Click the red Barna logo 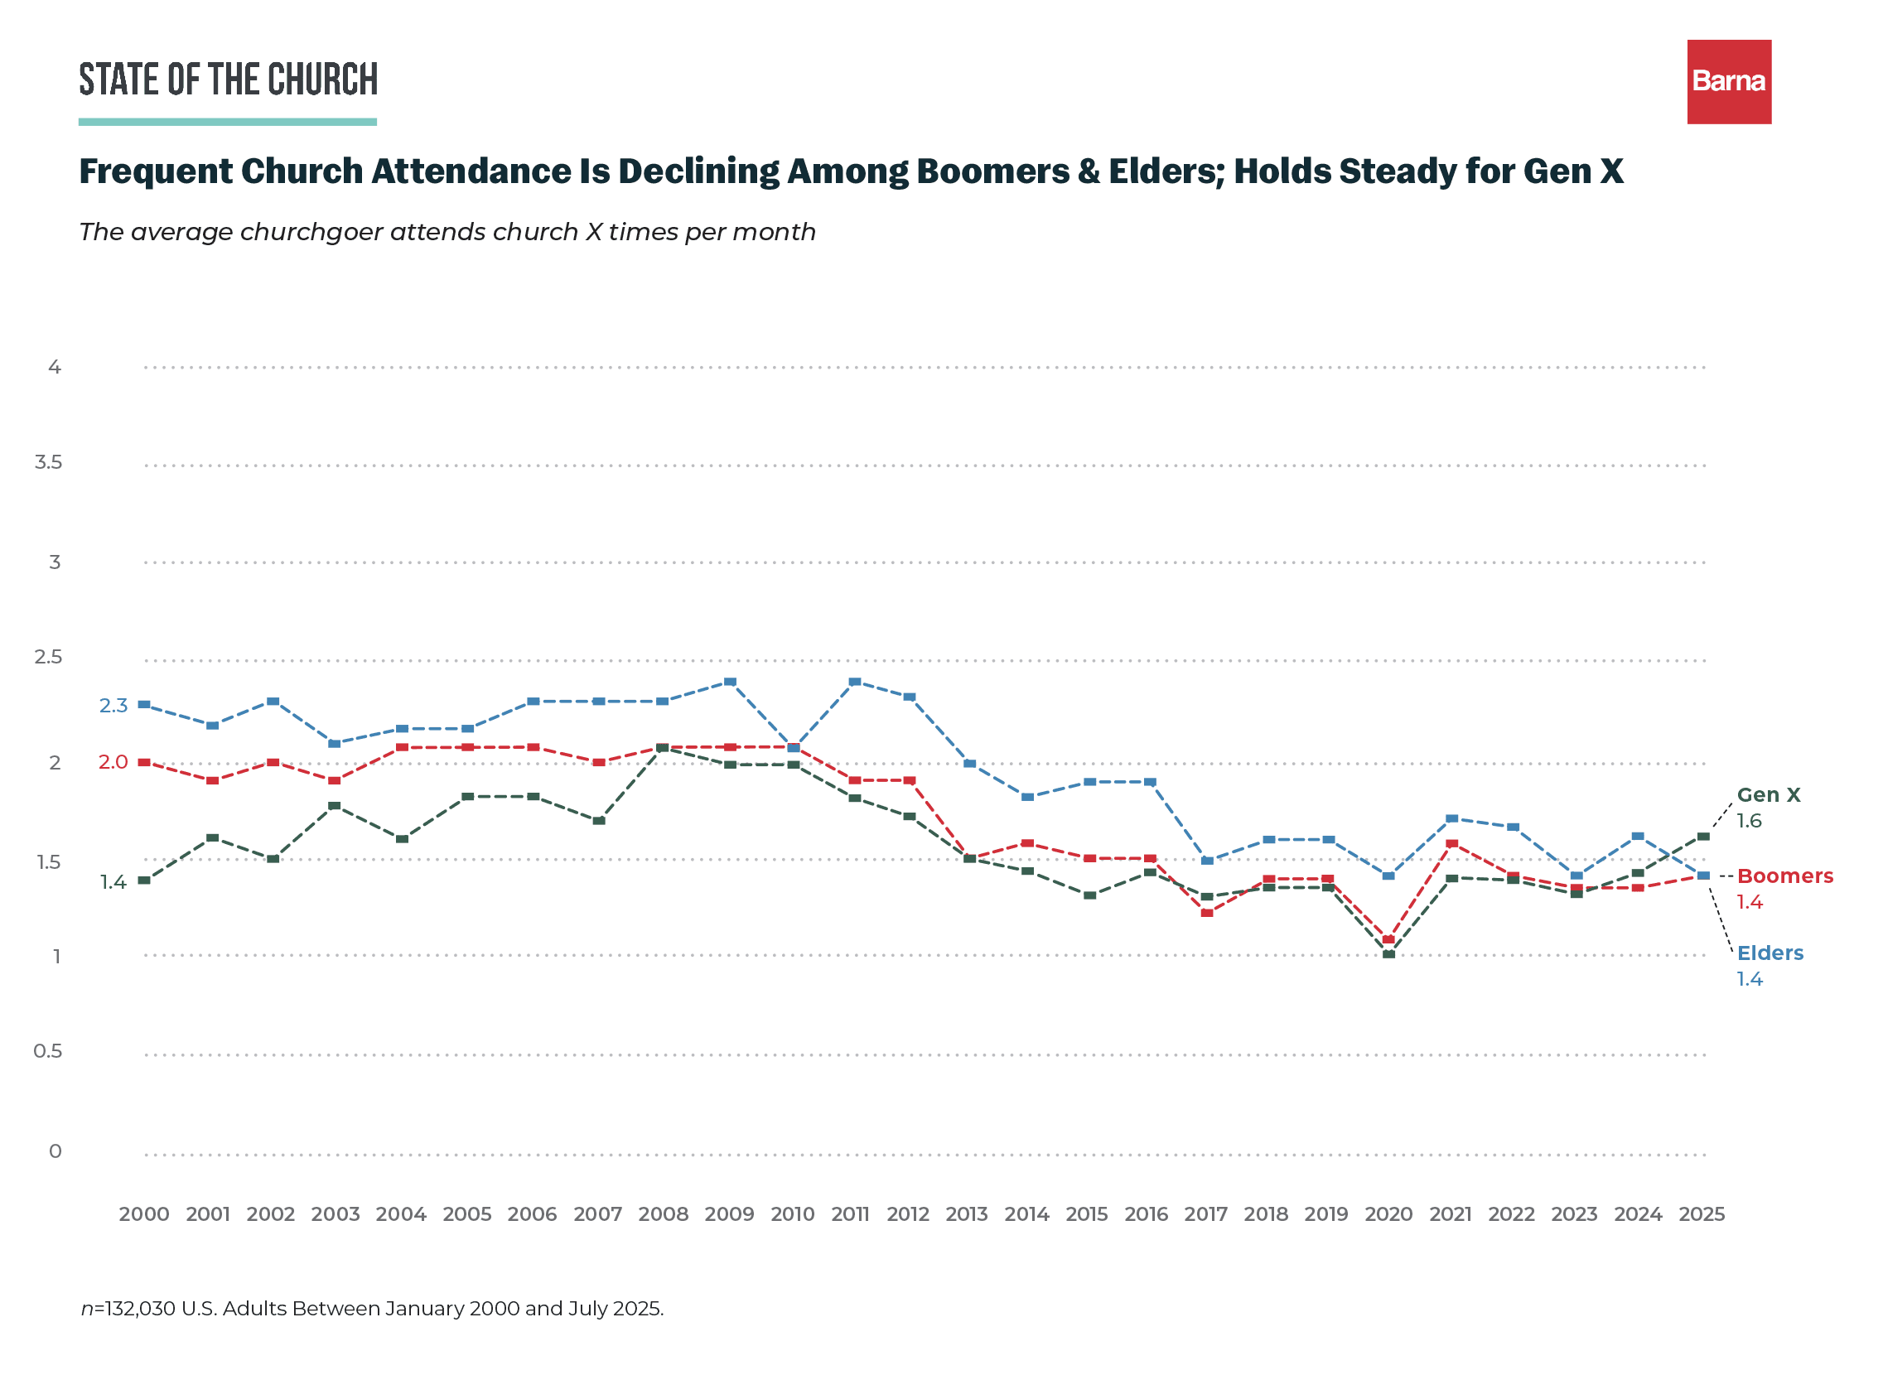tap(1729, 81)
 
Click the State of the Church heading tap(228, 80)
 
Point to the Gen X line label tap(1768, 795)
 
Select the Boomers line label tap(1784, 876)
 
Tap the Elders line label tap(1770, 953)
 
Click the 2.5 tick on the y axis tap(48, 657)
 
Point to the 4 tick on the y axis tap(55, 366)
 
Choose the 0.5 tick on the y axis tap(48, 1051)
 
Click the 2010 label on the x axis tap(793, 1214)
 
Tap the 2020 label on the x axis tap(1388, 1214)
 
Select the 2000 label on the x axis tap(144, 1214)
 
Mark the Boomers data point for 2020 tap(1388, 939)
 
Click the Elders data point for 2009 tap(730, 683)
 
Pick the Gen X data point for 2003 tap(335, 807)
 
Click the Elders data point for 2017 tap(1208, 861)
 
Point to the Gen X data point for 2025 tap(1703, 837)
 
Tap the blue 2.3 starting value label tap(114, 706)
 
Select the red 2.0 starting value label tap(114, 762)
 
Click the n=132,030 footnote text tap(372, 1309)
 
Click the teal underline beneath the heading tap(228, 122)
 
